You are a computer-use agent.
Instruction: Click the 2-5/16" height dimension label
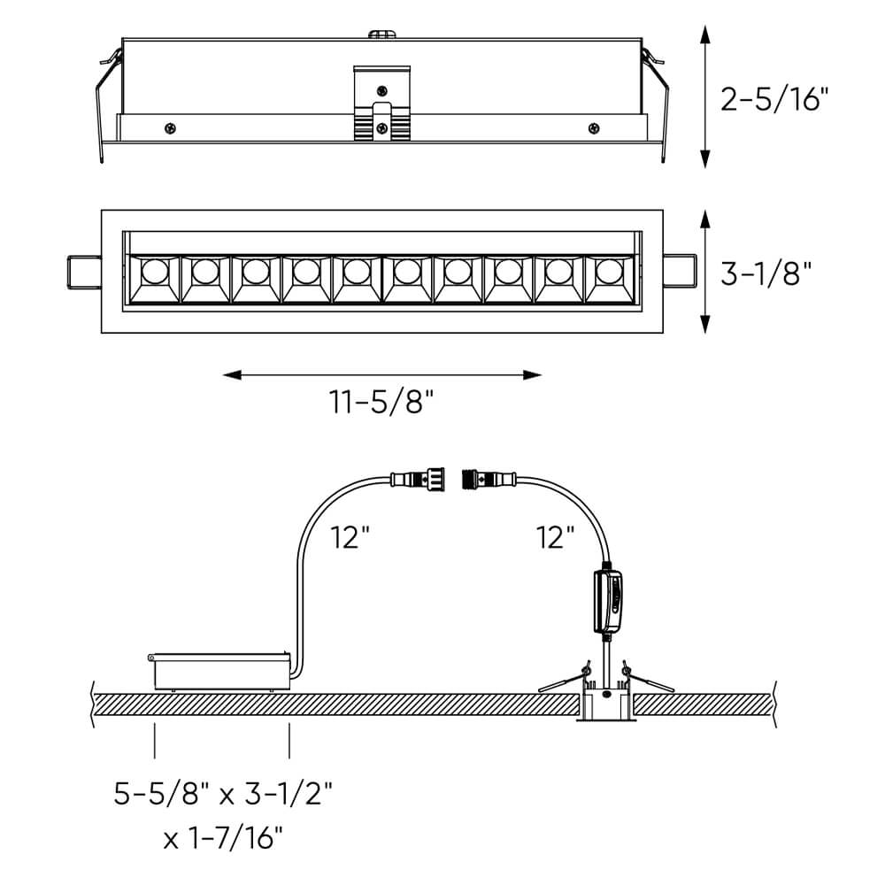tap(775, 98)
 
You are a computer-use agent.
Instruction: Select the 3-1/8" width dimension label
tap(766, 273)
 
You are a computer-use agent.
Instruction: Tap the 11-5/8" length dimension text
tap(382, 404)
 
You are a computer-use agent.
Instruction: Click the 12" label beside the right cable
tap(555, 537)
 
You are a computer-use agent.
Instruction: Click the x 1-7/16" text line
tap(223, 835)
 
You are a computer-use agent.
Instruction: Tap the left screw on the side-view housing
tap(170, 128)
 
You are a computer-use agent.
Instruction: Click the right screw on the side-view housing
tap(592, 128)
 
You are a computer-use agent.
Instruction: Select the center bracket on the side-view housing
tap(381, 104)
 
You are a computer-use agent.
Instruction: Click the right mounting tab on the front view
tap(680, 273)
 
